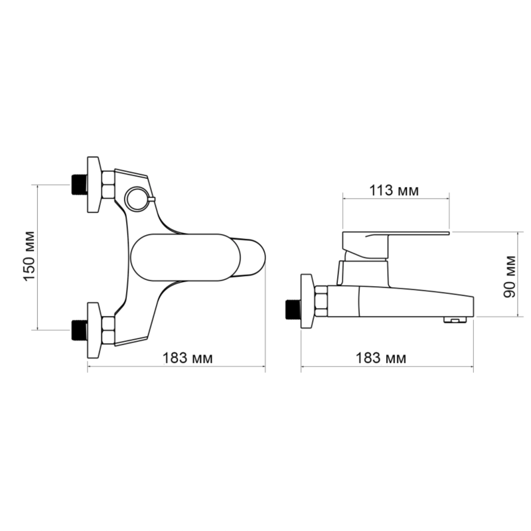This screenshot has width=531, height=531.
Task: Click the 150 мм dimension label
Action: (29, 256)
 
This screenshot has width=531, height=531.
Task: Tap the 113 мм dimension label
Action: (394, 190)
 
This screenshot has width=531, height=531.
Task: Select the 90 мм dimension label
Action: (509, 277)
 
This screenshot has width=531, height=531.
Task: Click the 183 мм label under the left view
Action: (188, 358)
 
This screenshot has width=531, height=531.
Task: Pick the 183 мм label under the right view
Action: (380, 358)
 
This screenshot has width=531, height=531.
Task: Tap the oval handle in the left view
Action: (186, 258)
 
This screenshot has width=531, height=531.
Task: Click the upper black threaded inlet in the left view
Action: (79, 185)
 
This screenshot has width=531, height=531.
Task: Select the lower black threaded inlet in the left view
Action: (79, 330)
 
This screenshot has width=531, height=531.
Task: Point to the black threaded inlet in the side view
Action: (293, 309)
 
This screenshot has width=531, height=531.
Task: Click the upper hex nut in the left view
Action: (108, 185)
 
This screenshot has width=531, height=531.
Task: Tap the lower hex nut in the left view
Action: (108, 330)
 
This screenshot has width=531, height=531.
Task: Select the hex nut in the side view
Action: (321, 301)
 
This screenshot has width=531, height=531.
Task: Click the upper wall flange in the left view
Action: (94, 185)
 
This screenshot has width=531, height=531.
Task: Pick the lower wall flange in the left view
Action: (94, 330)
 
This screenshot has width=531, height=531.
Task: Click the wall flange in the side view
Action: (307, 301)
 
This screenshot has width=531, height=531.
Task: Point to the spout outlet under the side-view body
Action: (455, 320)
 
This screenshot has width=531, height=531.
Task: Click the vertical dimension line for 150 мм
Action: (38, 258)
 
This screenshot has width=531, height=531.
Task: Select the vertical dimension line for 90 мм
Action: (518, 275)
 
